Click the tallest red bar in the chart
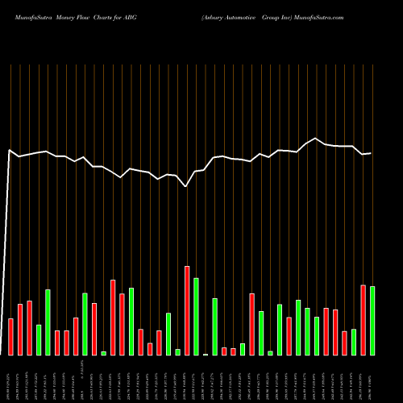pyautogui.click(x=187, y=310)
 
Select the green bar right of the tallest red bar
pyautogui.click(x=196, y=317)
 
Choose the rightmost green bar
pyautogui.click(x=372, y=321)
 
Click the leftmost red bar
pyautogui.click(x=11, y=337)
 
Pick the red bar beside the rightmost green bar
pyautogui.click(x=363, y=320)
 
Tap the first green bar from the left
pyautogui.click(x=39, y=339)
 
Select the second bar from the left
pyautogui.click(x=20, y=330)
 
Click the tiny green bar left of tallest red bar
pyautogui.click(x=177, y=351)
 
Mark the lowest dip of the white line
pyautogui.click(x=186, y=186)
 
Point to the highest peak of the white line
pyautogui.click(x=317, y=139)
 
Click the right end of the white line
pyautogui.click(x=371, y=153)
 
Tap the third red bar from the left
pyautogui.click(x=30, y=328)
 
